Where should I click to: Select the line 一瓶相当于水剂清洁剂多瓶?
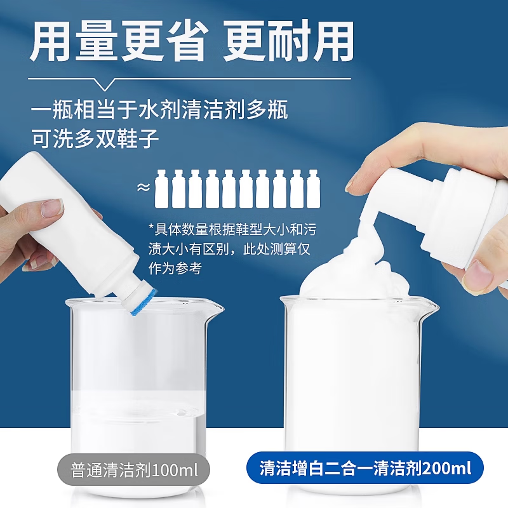[159, 109]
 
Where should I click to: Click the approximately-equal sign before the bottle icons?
[144, 187]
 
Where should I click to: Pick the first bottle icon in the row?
[162, 189]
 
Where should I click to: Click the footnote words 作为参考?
[175, 269]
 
